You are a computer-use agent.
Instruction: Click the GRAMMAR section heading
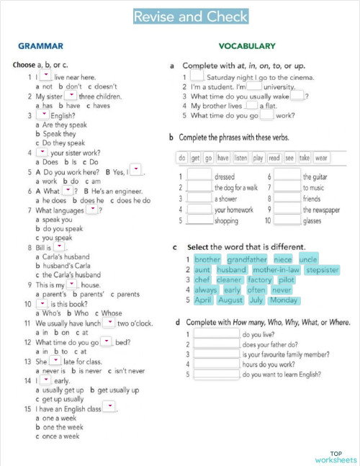(41, 46)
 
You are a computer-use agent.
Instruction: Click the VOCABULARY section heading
(247, 46)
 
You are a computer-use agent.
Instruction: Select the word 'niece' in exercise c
(283, 259)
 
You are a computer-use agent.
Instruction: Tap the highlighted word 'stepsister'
(322, 270)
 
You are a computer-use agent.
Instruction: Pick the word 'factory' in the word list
(260, 280)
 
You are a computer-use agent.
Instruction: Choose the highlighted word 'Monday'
(284, 300)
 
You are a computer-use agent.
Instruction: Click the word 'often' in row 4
(257, 290)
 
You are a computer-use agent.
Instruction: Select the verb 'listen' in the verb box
(241, 158)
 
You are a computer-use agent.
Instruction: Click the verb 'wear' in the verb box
(322, 158)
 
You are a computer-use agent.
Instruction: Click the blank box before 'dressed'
(199, 176)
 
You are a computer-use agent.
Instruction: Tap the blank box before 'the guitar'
(287, 176)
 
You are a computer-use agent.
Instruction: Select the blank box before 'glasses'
(287, 221)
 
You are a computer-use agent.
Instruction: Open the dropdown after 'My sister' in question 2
(71, 94)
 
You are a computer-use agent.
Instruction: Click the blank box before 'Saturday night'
(197, 76)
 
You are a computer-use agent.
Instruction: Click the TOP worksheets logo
(336, 457)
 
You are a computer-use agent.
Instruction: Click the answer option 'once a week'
(61, 436)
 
